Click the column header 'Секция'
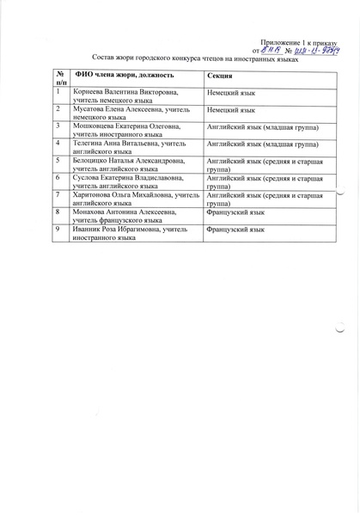click(220, 77)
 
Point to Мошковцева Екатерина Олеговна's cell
click(125, 131)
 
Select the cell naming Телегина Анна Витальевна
click(125, 148)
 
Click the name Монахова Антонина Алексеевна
click(125, 216)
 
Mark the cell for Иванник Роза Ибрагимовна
click(125, 234)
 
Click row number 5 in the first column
click(58, 161)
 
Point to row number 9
click(58, 230)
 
